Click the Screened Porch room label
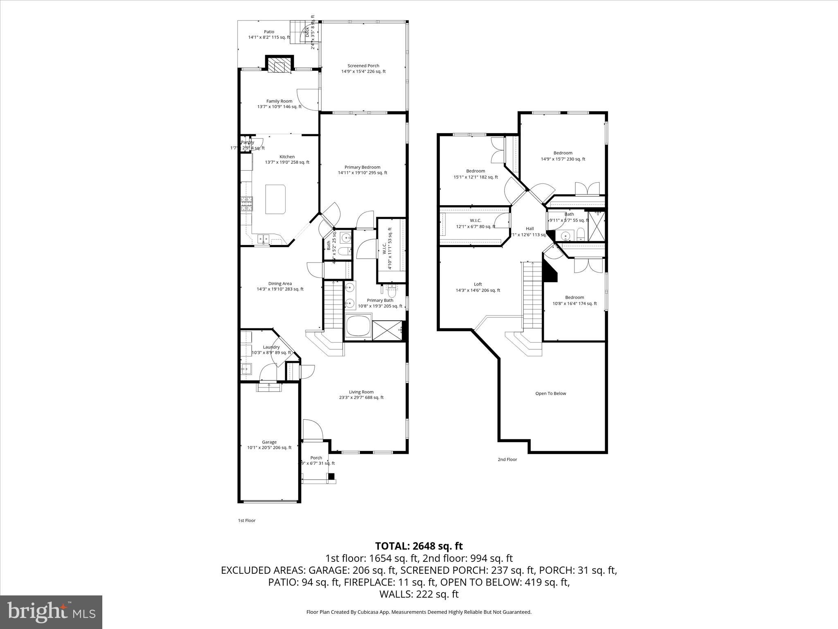(363, 66)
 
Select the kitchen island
(275, 199)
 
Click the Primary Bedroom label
(362, 167)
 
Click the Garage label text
(269, 442)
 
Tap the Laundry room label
(271, 347)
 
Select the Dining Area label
(280, 283)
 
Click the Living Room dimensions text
(361, 397)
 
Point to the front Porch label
(316, 458)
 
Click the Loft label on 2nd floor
(478, 284)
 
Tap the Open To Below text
(551, 394)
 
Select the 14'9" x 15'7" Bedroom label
(563, 153)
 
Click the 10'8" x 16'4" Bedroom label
(574, 297)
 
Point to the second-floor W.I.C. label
(475, 220)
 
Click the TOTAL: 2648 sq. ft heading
(419, 546)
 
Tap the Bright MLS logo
(51, 612)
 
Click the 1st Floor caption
(247, 520)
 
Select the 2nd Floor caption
(507, 459)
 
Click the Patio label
(269, 32)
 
